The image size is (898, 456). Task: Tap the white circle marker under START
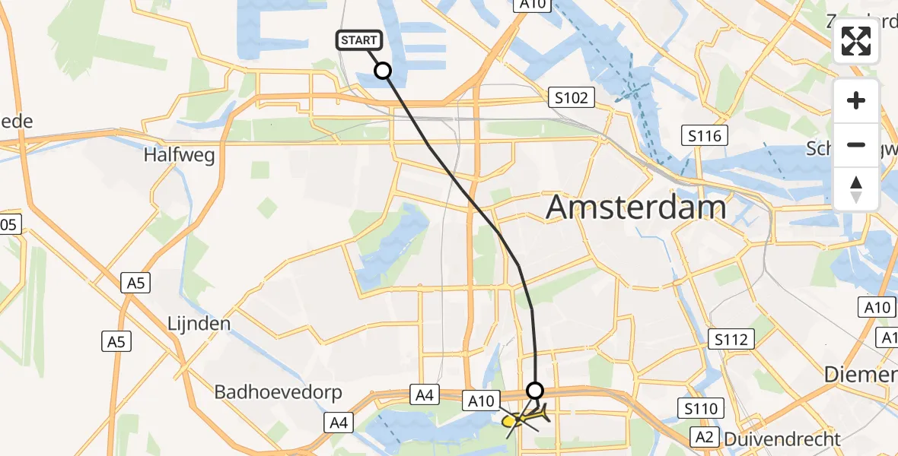[383, 71]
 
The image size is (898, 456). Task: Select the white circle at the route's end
[536, 390]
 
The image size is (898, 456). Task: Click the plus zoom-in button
[856, 100]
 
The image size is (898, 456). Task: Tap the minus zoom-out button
[856, 144]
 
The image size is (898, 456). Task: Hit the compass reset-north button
[856, 188]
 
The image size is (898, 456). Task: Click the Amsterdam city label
[636, 207]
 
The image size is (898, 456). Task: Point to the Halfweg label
[180, 156]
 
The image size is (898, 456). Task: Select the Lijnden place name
[199, 324]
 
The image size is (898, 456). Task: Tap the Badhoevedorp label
[279, 393]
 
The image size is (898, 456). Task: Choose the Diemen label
[862, 375]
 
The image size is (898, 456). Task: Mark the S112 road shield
[731, 339]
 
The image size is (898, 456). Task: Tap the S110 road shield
[700, 409]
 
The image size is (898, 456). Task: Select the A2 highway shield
[703, 436]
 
